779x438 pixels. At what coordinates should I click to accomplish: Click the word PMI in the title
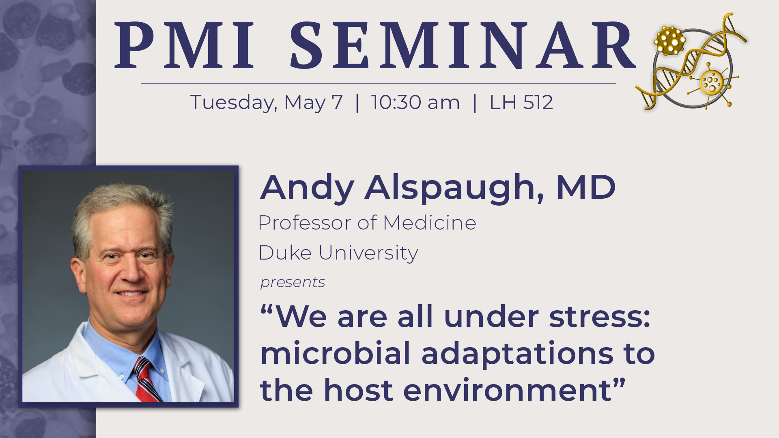pyautogui.click(x=185, y=45)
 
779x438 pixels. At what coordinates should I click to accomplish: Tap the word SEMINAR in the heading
pyautogui.click(x=463, y=45)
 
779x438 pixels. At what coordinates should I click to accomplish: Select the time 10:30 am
pyautogui.click(x=415, y=102)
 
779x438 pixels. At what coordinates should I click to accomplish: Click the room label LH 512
pyautogui.click(x=521, y=102)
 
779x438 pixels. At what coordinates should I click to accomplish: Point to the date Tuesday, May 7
pyautogui.click(x=267, y=103)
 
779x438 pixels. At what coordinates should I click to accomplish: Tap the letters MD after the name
pyautogui.click(x=586, y=187)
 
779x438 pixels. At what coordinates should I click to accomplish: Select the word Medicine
pyautogui.click(x=430, y=223)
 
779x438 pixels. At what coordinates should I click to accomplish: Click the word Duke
pyautogui.click(x=285, y=253)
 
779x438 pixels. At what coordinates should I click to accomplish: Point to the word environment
pyautogui.click(x=507, y=390)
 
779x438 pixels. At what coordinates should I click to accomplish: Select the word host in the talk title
pyautogui.click(x=359, y=390)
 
